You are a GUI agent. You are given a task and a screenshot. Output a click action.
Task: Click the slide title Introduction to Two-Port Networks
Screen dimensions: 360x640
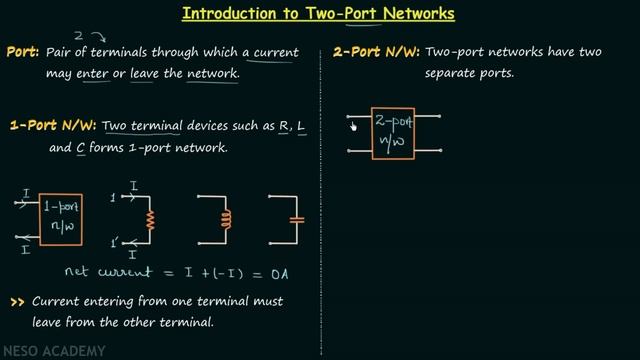(x=319, y=14)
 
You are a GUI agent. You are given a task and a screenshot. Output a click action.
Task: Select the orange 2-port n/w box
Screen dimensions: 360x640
(x=392, y=133)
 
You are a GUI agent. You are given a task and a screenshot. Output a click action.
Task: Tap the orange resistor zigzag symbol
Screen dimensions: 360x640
(x=150, y=219)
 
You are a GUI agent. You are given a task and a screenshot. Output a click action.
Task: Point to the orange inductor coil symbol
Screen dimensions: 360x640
(x=224, y=219)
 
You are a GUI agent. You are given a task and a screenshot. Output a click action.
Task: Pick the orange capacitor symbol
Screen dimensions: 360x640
(x=295, y=219)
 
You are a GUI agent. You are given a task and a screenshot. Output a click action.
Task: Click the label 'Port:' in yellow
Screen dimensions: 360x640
(x=22, y=52)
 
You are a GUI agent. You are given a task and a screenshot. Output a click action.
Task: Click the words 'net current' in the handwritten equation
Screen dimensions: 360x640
(x=104, y=271)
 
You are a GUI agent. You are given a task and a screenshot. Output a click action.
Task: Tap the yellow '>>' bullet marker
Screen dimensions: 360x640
(x=17, y=301)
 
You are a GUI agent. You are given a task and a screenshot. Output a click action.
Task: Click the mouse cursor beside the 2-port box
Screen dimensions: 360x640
(x=352, y=125)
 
